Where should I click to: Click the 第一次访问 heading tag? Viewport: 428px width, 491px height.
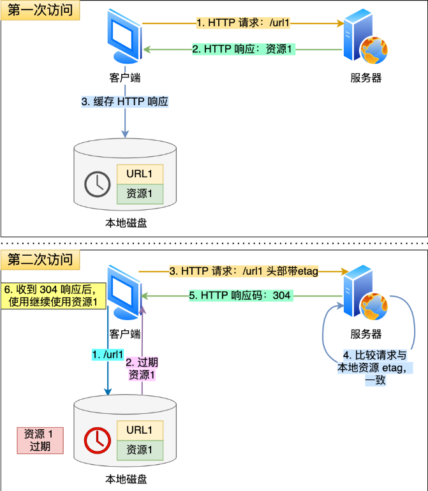[x=40, y=10]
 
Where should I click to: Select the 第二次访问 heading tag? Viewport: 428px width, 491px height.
[x=40, y=260]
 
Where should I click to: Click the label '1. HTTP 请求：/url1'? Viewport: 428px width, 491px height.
[x=243, y=23]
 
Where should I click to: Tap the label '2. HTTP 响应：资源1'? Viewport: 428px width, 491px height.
[x=244, y=49]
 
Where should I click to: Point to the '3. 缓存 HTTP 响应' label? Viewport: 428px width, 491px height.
[x=125, y=101]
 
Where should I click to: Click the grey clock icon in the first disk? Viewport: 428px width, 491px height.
[x=98, y=184]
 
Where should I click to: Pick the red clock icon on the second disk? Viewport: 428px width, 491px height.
[x=98, y=440]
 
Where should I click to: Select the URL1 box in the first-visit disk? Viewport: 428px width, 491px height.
[x=140, y=174]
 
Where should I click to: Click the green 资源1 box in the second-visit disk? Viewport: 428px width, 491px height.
[x=140, y=450]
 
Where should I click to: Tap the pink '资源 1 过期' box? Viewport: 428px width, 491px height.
[x=40, y=440]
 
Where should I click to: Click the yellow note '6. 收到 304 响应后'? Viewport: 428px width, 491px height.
[x=54, y=296]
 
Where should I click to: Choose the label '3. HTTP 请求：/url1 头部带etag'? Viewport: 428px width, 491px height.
[x=244, y=271]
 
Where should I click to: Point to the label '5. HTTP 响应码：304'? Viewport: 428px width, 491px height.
[x=241, y=296]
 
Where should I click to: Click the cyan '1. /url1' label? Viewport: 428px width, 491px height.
[x=108, y=355]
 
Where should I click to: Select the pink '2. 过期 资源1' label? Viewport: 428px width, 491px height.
[x=142, y=369]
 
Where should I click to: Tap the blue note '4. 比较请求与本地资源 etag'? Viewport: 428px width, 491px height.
[x=375, y=368]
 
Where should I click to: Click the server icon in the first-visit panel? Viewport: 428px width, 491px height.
[x=365, y=36]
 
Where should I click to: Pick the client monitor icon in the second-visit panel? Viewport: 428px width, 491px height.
[x=124, y=292]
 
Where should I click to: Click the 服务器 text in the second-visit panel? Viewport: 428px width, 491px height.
[x=366, y=334]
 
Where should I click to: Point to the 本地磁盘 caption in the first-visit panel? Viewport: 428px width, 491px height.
[x=126, y=223]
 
